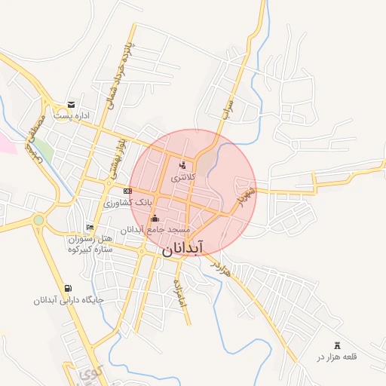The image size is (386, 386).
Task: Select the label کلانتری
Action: tap(182, 178)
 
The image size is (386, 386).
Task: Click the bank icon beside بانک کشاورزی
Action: tap(128, 191)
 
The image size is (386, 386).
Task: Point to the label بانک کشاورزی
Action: tap(128, 203)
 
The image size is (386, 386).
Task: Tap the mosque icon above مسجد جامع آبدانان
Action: tap(155, 218)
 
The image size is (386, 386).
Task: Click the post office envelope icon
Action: tap(71, 104)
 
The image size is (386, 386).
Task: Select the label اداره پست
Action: tap(73, 116)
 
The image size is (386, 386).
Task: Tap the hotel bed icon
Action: tap(90, 227)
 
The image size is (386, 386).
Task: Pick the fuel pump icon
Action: tap(69, 288)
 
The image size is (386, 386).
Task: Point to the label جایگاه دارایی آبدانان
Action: tap(67, 300)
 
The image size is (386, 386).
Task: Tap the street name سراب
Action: tap(229, 109)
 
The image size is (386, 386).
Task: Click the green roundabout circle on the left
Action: tap(38, 220)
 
